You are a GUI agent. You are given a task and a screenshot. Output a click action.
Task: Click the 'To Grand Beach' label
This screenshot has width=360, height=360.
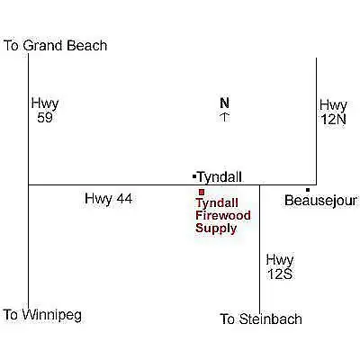tap(55, 46)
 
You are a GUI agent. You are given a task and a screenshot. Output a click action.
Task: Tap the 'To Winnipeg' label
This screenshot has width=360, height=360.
tap(42, 315)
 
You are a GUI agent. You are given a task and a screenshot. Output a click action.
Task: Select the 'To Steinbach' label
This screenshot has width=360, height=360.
tap(261, 319)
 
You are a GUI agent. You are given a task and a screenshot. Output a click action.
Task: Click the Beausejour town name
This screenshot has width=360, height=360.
tap(321, 201)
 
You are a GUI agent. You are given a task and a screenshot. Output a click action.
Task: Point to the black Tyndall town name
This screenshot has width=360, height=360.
tap(220, 177)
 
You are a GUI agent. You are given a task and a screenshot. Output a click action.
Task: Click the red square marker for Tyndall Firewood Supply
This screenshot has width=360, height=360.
tap(202, 192)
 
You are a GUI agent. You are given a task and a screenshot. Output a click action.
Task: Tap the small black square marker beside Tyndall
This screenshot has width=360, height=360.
tap(194, 176)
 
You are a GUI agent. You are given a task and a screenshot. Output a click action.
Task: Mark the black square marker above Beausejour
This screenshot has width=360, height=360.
tap(308, 190)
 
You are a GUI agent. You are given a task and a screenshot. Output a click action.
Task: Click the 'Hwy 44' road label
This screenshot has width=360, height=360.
tap(108, 199)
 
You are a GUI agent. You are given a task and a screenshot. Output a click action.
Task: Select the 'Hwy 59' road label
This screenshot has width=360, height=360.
tap(45, 111)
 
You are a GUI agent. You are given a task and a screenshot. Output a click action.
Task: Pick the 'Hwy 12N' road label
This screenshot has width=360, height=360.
tap(333, 112)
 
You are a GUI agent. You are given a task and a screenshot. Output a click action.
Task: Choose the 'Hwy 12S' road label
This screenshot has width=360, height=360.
tap(280, 266)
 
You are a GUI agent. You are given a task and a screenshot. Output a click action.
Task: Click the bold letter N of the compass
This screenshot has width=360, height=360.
tap(225, 103)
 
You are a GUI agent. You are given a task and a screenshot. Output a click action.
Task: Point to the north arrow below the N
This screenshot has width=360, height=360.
tap(225, 117)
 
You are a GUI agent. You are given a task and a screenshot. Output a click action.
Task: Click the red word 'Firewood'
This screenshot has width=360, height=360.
tap(223, 215)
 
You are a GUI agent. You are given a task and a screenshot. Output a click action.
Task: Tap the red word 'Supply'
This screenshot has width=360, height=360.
tap(216, 229)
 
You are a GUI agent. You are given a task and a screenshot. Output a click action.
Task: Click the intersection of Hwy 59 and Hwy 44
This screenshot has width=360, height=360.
tap(29, 184)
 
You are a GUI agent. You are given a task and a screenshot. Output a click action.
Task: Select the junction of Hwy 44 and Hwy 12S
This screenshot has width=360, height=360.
tap(259, 184)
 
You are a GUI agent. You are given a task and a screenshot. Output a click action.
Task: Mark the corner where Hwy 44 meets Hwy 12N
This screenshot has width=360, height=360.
tap(316, 184)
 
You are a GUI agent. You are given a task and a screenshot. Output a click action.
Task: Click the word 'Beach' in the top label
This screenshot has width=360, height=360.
tap(87, 46)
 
